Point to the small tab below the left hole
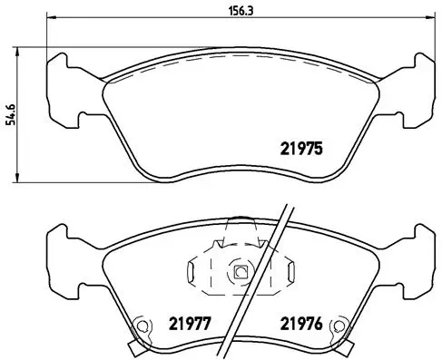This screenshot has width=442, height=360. click(133, 347)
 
